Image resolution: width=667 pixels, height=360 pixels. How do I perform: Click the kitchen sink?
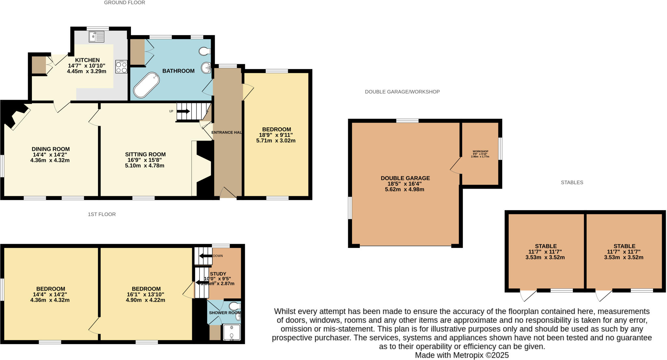point(96,36)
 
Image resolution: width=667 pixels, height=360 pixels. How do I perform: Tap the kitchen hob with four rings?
point(121,66)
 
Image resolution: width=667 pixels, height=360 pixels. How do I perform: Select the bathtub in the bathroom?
point(147,85)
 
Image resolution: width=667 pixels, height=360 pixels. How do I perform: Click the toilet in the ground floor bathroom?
point(205,51)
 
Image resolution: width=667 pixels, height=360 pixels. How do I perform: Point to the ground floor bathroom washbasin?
point(206,68)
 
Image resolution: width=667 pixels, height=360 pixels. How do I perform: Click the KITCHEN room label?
point(87,60)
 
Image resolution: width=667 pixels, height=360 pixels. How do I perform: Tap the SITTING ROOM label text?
point(145,154)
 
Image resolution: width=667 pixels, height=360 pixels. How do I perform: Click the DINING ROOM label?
point(50,149)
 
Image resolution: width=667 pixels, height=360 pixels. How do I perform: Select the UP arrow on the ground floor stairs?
point(183,111)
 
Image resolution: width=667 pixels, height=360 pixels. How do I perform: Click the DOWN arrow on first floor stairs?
point(206,256)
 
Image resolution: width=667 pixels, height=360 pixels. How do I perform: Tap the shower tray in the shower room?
point(232,333)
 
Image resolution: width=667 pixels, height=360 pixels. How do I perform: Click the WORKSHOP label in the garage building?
point(480,151)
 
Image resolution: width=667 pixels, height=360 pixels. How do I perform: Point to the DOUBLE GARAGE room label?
point(405,178)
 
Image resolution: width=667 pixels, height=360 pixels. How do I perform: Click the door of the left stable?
point(528,295)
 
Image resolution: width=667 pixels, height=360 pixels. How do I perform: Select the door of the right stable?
point(603,295)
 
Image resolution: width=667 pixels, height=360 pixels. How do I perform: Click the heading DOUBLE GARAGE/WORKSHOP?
point(402,92)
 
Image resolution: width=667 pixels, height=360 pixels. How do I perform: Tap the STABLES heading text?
point(572,182)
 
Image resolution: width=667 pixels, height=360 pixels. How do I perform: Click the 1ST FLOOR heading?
point(102,214)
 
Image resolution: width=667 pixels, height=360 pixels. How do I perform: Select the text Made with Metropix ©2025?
point(461,355)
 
